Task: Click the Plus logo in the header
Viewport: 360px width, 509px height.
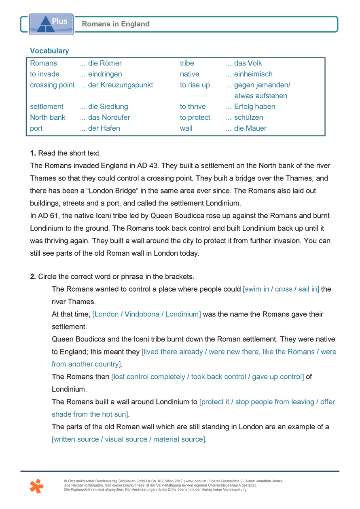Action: (51, 23)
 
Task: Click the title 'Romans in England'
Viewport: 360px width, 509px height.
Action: (116, 24)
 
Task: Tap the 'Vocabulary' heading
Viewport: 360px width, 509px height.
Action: (49, 51)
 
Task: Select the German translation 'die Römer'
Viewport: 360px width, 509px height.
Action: (105, 63)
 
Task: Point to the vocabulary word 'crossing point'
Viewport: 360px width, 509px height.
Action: (52, 85)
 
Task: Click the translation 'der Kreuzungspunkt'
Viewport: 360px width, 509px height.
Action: (121, 85)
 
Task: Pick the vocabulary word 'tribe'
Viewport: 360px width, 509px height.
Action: (187, 63)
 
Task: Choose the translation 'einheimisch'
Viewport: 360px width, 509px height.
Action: (253, 74)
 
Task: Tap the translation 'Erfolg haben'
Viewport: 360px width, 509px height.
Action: (254, 107)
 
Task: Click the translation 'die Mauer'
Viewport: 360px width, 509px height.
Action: (250, 128)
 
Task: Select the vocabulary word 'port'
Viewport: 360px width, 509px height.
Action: (36, 128)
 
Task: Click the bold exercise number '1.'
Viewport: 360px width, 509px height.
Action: (33, 153)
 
